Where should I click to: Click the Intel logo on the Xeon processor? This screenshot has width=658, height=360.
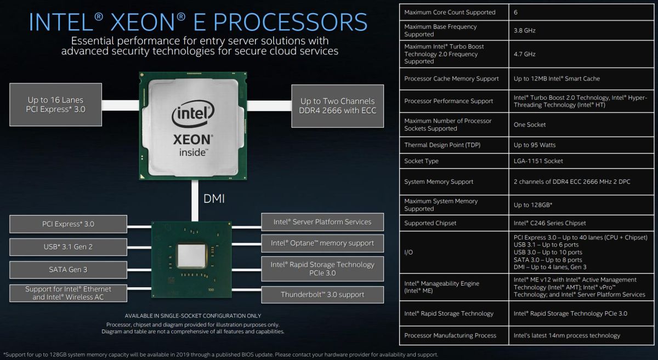[x=193, y=113]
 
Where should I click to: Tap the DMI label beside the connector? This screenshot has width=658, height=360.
[x=214, y=199]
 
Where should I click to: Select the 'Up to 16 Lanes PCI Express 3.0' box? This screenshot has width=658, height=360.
[x=55, y=105]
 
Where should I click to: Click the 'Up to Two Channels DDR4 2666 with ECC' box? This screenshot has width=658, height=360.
[x=338, y=106]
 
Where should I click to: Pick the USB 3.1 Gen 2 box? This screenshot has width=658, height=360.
[x=68, y=247]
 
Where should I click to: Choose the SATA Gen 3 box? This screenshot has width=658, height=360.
[x=68, y=270]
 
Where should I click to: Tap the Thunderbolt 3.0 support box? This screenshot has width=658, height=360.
[x=322, y=294]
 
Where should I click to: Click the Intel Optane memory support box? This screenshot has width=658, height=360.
[x=322, y=243]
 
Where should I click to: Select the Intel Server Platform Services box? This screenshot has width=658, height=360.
[x=322, y=222]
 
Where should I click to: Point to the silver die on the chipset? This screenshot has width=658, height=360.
[x=191, y=256]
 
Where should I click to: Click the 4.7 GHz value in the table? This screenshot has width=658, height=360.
[x=524, y=54]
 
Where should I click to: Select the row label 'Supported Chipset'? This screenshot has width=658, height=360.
[x=430, y=223]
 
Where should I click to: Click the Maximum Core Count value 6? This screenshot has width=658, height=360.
[x=515, y=13]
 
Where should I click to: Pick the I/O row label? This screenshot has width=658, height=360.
[x=409, y=252]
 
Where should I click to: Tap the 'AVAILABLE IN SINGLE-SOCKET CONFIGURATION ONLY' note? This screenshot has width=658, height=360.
[x=192, y=316]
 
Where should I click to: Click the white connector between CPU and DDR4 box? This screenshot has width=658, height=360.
[x=269, y=106]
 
